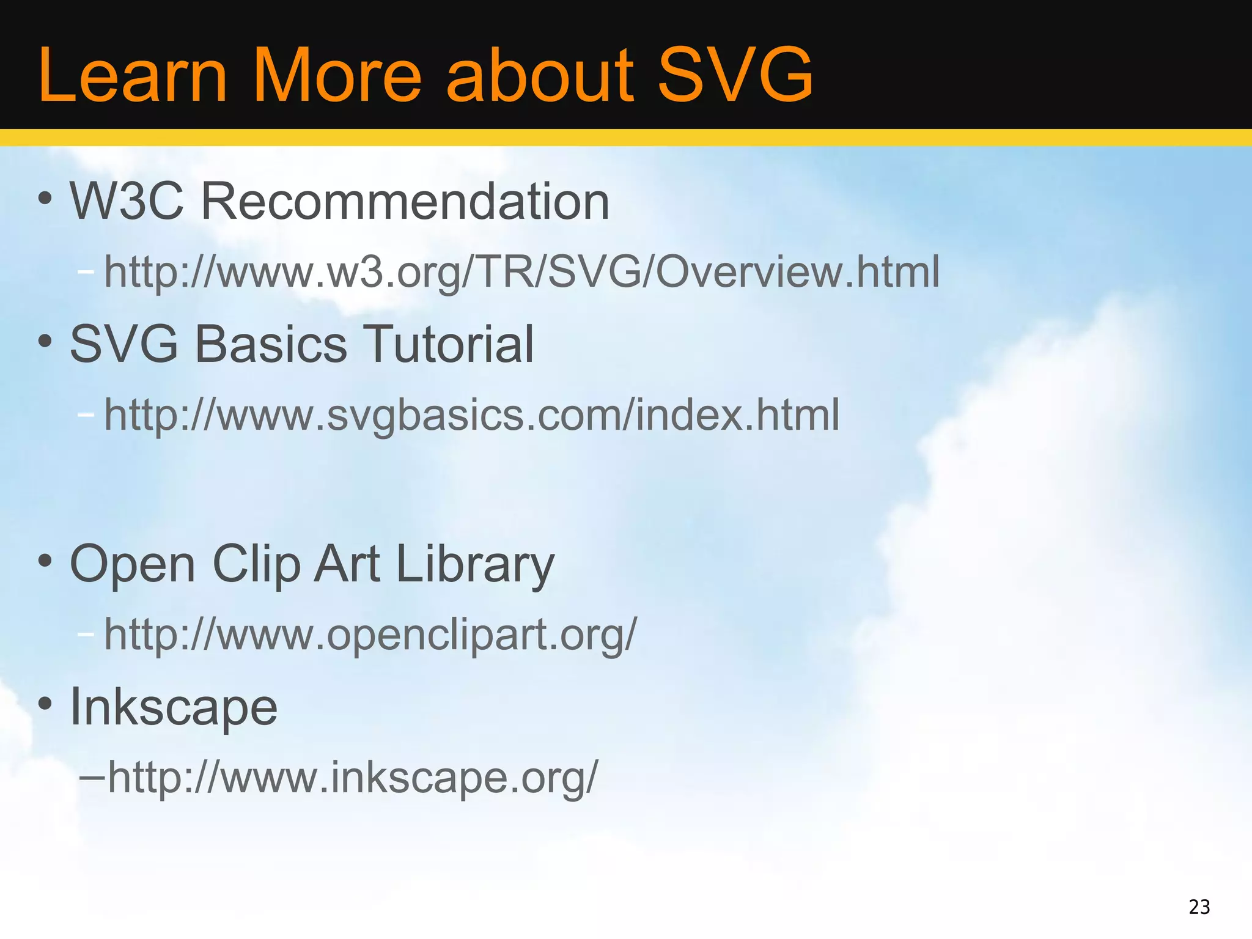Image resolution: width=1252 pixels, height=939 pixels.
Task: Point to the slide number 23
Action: tap(1199, 907)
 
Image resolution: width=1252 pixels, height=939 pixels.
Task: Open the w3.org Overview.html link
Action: tap(521, 272)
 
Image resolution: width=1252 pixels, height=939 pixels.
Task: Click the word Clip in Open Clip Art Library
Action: tap(256, 564)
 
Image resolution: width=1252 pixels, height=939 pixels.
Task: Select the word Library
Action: tap(475, 564)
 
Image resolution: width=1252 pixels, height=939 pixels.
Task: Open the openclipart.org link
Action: tap(370, 635)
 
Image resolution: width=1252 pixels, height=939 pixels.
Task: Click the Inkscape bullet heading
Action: tap(174, 707)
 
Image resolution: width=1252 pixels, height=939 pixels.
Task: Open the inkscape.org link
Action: tap(353, 778)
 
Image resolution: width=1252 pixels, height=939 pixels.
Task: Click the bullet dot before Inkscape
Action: tap(45, 704)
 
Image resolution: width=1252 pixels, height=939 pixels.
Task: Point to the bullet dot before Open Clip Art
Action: tap(45, 561)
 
